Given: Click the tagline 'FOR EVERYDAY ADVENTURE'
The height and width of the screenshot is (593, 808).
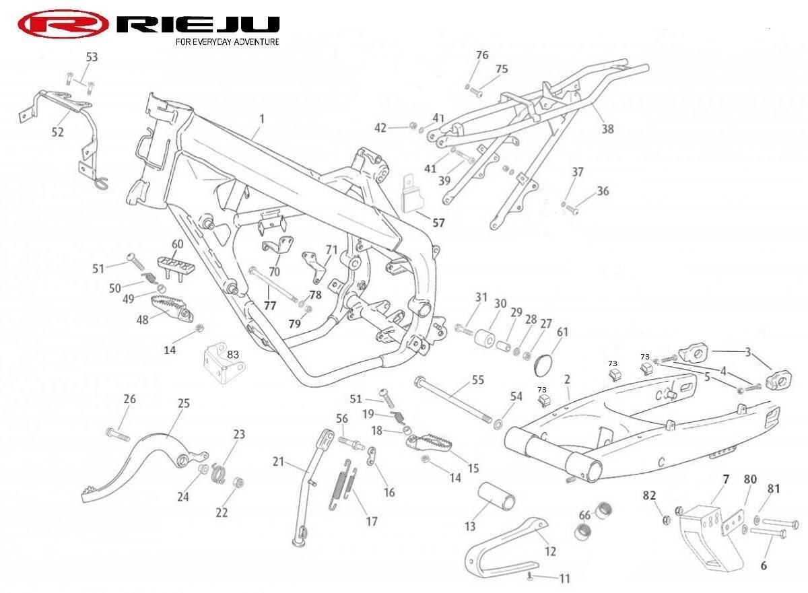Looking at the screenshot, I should [227, 42].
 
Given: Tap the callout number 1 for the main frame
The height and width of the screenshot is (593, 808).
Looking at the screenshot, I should [262, 118].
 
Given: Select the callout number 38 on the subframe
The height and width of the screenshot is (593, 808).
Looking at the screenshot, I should [607, 128].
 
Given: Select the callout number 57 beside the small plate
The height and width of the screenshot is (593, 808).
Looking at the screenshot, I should [439, 221].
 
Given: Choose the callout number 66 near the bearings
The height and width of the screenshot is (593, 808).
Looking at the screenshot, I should [584, 515].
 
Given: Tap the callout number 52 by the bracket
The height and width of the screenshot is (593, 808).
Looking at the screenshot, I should [58, 132].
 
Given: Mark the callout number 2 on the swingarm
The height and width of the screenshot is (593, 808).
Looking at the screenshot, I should [567, 380].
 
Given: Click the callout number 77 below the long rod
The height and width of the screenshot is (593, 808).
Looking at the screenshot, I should [269, 305].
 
